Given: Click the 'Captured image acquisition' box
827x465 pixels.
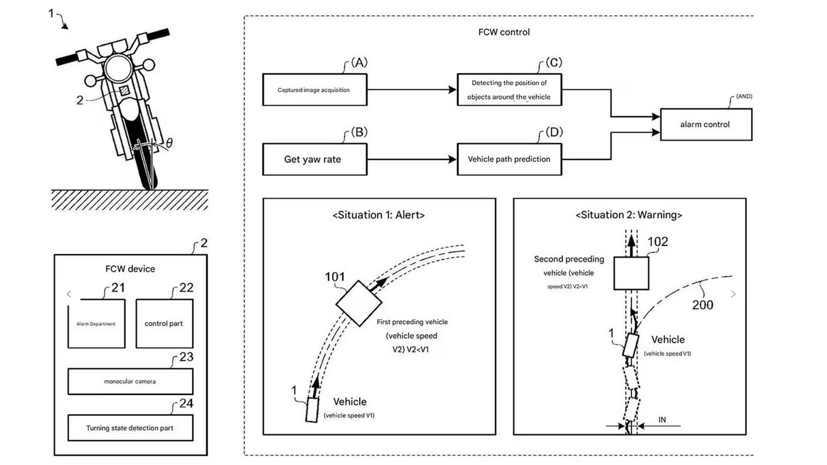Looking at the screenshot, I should tap(314, 90).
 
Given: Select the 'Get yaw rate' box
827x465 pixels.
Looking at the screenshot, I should tap(314, 159).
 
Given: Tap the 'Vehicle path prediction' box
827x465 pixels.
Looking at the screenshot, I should tap(509, 159).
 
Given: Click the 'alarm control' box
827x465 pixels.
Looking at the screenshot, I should tap(706, 125).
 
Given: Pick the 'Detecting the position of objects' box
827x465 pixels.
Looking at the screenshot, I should tap(509, 90).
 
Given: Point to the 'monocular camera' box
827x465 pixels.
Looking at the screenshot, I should tap(130, 381).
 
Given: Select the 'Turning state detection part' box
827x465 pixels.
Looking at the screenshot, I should tap(130, 428).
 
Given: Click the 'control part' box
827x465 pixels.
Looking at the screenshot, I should tap(164, 323).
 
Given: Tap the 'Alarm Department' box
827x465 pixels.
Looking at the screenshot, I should tap(96, 324).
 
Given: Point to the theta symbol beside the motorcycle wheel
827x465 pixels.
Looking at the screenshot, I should tap(169, 143).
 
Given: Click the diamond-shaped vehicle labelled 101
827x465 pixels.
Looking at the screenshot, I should tap(359, 303).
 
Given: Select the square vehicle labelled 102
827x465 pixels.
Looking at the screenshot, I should tap(631, 273).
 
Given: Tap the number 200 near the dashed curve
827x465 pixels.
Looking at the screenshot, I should tap(702, 305).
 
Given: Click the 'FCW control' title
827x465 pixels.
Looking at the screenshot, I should tap(504, 32).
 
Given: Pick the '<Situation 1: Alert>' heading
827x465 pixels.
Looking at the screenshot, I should tap(378, 215).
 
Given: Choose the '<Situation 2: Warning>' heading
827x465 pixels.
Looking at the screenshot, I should tap(629, 215).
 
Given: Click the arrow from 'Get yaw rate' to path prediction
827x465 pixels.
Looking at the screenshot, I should tap(412, 159).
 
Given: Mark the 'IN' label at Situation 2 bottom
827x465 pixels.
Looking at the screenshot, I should tap(662, 420).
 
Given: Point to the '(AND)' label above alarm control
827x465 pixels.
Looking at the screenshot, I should tap(744, 96).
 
